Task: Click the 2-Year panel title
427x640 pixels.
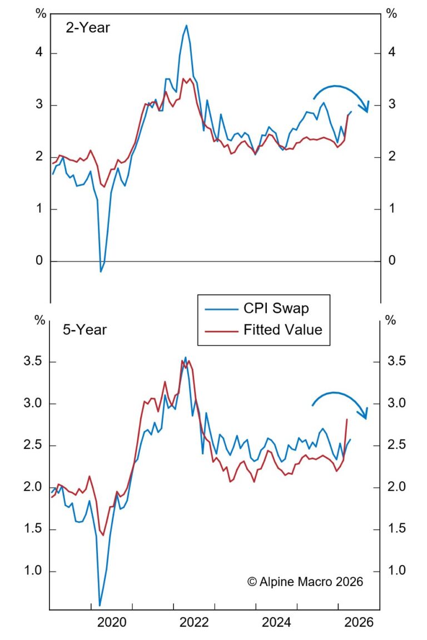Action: click(88, 28)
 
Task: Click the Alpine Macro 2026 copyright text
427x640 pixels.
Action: click(305, 582)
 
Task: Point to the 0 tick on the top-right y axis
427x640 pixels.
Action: click(392, 261)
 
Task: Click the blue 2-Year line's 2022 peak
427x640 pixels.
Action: click(186, 26)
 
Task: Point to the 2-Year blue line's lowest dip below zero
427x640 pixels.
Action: click(101, 271)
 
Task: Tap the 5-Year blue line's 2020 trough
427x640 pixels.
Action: click(100, 605)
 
